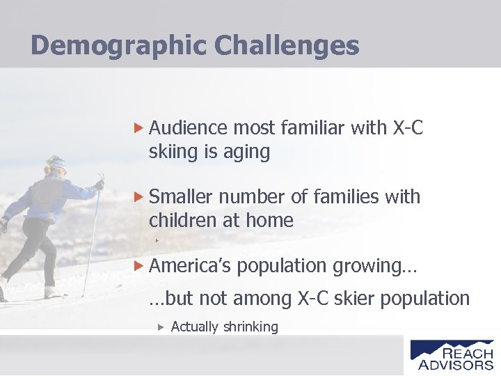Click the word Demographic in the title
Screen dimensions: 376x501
[x=119, y=46]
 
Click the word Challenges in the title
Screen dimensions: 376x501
[x=287, y=46]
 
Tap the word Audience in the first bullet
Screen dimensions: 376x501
[x=188, y=128]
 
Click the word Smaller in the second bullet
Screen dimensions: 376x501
[x=181, y=197]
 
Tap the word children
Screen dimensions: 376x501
[x=182, y=221]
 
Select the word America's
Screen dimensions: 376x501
[x=192, y=266]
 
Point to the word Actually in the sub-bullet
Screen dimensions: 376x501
[x=195, y=327]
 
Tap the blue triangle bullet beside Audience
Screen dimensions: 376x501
[x=138, y=128]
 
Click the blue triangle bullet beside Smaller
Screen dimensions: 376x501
[x=138, y=197]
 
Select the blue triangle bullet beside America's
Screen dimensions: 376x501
[x=138, y=266]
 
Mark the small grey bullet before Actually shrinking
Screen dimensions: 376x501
[x=160, y=327]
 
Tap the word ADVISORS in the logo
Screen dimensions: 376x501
[x=455, y=364]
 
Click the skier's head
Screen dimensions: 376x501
[x=55, y=166]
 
